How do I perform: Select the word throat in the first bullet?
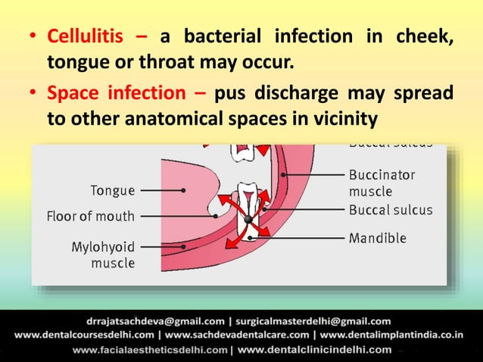pos(182,60)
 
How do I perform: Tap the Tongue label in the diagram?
pos(112,190)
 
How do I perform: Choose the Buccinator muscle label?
pos(382,182)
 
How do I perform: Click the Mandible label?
pos(378,238)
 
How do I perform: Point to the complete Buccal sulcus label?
pos(391,209)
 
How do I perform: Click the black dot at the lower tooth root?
pos(248,220)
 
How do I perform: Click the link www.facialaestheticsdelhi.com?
pos(151,350)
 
